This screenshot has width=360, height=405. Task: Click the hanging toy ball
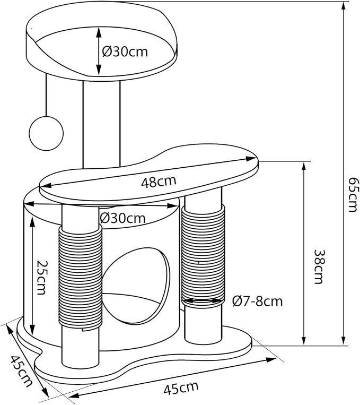[46, 133]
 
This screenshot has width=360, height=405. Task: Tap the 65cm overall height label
[353, 194]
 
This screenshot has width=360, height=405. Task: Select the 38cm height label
[319, 266]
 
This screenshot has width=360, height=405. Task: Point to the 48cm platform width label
[159, 181]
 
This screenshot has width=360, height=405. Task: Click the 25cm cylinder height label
[41, 277]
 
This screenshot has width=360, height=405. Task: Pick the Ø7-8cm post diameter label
[257, 301]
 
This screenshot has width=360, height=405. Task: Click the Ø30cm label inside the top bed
[125, 52]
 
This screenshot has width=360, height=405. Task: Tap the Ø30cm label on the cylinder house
[122, 219]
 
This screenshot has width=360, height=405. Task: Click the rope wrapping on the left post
[80, 277]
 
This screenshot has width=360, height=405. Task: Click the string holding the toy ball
[46, 95]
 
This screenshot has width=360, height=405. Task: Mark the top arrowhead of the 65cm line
[343, 6]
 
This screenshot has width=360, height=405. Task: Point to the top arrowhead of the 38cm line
[304, 167]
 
